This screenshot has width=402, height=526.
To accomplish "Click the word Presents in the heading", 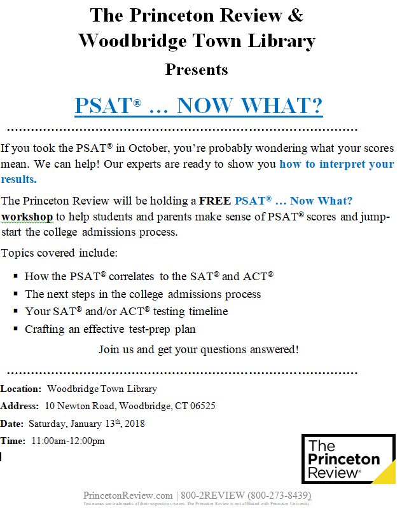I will [197, 69].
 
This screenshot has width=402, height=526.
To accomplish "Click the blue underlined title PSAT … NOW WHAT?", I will [198, 105].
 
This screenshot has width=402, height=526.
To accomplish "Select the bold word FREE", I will [215, 201].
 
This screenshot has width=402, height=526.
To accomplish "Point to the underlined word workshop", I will [27, 216].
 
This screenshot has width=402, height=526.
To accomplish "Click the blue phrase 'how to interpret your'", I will [336, 164].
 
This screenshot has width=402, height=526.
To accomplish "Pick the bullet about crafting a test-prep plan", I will [110, 329].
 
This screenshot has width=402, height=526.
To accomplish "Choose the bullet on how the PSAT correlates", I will [149, 276].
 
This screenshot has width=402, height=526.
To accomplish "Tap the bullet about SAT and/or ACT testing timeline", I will [126, 311].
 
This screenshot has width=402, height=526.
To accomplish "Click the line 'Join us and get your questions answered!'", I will [198, 349].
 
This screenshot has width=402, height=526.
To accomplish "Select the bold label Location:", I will [22, 389].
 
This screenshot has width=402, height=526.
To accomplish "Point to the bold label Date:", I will [12, 423].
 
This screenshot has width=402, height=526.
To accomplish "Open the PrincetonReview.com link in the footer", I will [128, 496].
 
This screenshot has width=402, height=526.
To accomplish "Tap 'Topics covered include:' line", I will [59, 253].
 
